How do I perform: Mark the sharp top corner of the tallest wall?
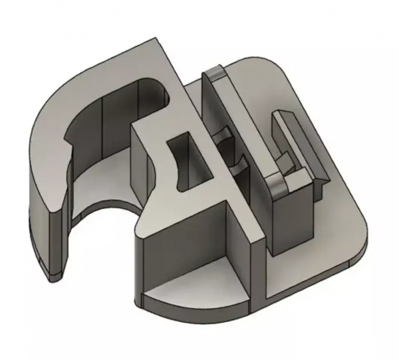coord(160,40)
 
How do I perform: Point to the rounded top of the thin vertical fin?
coord(215,70)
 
